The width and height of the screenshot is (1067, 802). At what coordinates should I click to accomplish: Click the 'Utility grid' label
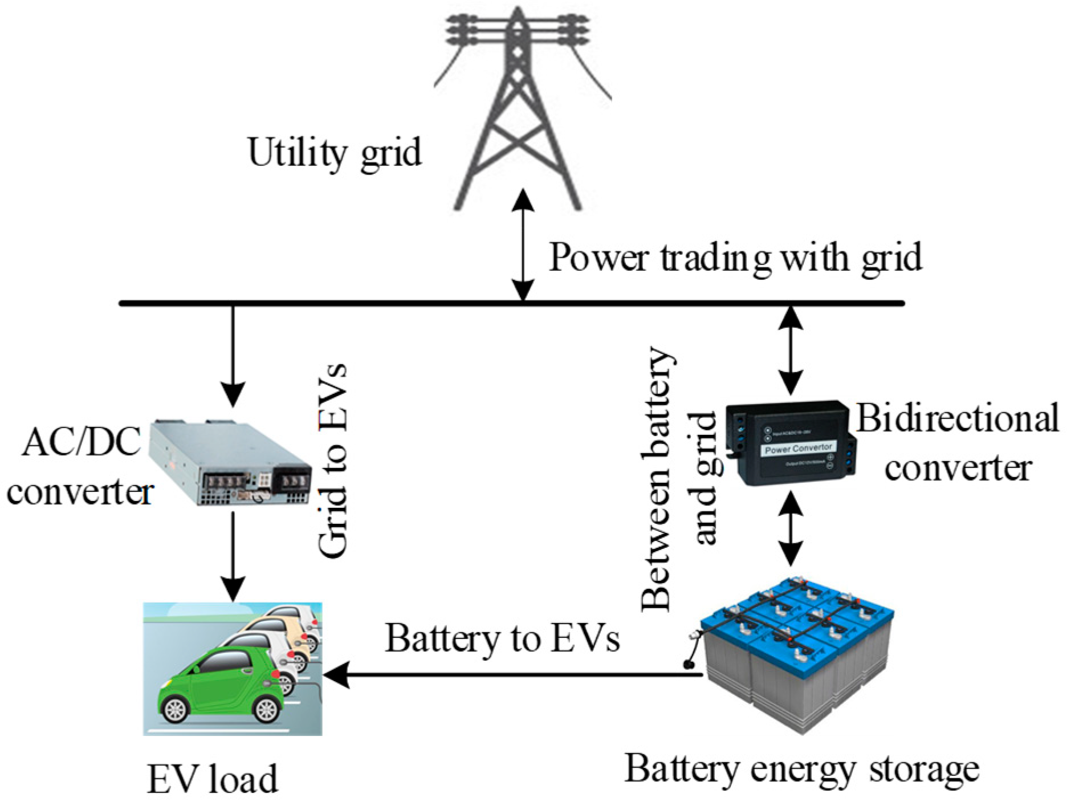(335, 153)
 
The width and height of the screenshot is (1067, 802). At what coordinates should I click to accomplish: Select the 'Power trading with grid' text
(735, 258)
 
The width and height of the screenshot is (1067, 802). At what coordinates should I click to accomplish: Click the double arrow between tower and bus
(523, 245)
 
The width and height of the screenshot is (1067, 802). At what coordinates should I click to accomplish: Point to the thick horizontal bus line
(399, 303)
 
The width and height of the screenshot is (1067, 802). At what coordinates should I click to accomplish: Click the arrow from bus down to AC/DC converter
(233, 353)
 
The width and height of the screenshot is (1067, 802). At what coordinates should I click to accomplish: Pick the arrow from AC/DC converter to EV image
(233, 556)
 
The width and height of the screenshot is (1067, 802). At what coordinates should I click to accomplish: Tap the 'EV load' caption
(213, 779)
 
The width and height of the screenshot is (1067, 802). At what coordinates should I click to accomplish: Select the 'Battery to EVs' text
(502, 638)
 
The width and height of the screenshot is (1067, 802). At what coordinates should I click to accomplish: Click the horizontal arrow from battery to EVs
(513, 675)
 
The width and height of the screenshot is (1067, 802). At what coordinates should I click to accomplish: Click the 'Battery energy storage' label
(801, 770)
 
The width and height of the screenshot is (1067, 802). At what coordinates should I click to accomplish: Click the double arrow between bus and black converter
(791, 351)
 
